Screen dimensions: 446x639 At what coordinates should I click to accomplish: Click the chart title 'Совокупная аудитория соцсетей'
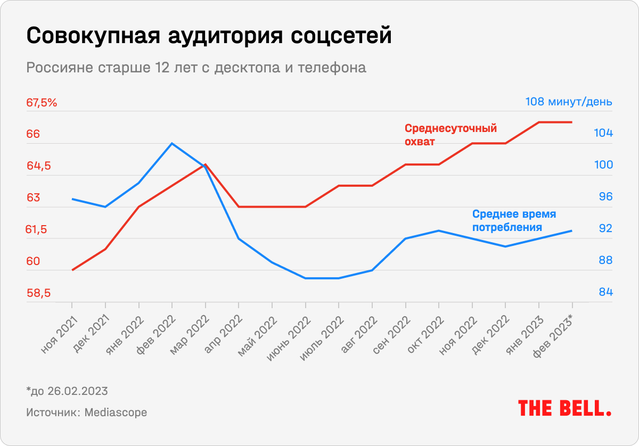pos(208,36)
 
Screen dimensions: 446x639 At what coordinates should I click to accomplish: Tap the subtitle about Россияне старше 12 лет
pos(196,68)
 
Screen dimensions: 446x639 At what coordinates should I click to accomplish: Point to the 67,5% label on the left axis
pos(42,103)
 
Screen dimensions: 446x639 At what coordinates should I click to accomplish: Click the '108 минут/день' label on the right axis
pos(569,102)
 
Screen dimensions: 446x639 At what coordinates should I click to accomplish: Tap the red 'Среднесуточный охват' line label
pos(450,135)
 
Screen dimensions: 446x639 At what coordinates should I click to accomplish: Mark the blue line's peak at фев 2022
pos(172,143)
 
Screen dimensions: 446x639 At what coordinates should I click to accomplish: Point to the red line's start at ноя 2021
pos(72,270)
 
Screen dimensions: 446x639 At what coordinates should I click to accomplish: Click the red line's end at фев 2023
pos(572,122)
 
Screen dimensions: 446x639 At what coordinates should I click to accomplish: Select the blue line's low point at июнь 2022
pos(306,278)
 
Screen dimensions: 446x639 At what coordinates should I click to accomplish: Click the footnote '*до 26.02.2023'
pos(67,391)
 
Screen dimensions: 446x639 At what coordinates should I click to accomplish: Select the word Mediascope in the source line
pos(116,412)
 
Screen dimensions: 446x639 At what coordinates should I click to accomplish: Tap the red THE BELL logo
pos(564,408)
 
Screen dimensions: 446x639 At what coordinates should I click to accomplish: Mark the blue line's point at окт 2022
pos(439,230)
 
